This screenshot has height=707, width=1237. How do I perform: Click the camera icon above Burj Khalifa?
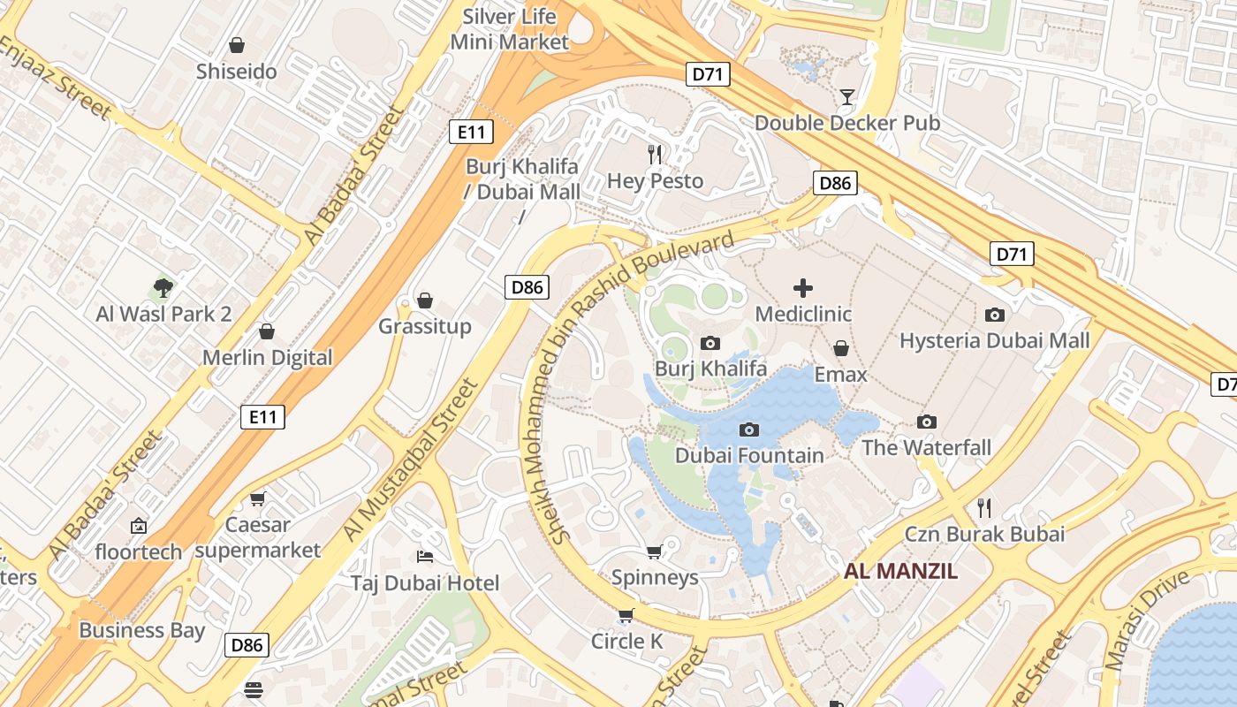710,343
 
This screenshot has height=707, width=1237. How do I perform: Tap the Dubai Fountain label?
749,455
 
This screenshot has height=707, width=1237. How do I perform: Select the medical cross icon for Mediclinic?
802,287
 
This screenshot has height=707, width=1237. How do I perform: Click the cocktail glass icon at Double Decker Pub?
847,96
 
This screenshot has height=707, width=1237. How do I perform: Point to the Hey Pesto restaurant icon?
655,155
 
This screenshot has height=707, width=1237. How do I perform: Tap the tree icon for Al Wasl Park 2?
163,287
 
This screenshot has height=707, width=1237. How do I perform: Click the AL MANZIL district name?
900,571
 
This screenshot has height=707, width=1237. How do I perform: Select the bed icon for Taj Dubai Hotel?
424,557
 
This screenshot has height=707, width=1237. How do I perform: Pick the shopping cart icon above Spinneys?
655,552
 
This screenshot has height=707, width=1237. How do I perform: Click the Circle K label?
626,642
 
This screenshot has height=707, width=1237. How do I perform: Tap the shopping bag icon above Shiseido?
236,45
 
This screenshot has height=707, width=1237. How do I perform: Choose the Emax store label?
840,375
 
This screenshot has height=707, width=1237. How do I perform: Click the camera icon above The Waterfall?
926,422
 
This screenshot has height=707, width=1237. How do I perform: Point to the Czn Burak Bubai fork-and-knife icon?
984,507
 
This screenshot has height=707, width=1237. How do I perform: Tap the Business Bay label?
141,630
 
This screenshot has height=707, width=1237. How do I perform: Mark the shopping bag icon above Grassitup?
424,300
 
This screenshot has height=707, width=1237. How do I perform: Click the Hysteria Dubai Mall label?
994,340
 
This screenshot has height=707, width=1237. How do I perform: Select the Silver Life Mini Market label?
510,29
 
